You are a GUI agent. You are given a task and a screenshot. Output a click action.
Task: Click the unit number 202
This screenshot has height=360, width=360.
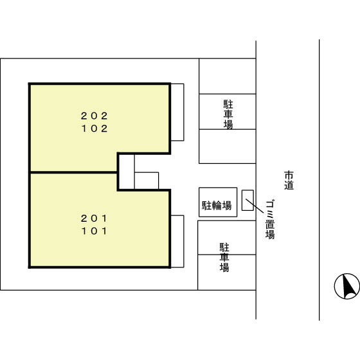click(94, 116)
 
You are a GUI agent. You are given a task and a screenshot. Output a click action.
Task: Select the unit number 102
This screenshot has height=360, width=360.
click(94, 129)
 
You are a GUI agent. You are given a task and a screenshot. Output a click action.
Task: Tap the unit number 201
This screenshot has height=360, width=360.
click(94, 219)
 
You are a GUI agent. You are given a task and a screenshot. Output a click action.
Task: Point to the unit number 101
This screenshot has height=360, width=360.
click(94, 231)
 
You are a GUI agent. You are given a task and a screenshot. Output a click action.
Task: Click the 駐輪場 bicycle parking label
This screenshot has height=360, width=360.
click(217, 205)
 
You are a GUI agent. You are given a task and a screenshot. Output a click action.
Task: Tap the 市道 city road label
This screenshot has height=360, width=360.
click(289, 181)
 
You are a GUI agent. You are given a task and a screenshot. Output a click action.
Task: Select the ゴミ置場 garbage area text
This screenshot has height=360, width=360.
click(270, 220)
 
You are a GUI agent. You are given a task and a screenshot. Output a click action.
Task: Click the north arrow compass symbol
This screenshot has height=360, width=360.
click(347, 286)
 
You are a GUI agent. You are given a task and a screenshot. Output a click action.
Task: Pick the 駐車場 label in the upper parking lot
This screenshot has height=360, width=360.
click(228, 114)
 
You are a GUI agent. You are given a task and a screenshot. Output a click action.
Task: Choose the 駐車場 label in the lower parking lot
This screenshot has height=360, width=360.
click(224, 257)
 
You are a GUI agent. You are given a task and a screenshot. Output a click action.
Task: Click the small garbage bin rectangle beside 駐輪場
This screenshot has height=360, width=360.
click(248, 200)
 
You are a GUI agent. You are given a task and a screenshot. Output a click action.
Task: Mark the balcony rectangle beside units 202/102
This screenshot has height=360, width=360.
click(177, 112)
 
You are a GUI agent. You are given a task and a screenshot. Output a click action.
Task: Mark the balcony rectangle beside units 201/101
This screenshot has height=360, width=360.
click(177, 241)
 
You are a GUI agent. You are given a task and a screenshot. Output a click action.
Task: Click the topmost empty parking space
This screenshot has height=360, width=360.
click(228, 76)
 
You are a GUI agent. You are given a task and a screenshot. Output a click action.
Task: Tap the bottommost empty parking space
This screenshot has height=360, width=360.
click(227, 273)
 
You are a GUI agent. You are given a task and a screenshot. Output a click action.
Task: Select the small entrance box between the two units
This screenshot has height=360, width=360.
click(147, 181)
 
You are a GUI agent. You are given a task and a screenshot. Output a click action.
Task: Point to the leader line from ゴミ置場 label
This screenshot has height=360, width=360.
click(255, 206)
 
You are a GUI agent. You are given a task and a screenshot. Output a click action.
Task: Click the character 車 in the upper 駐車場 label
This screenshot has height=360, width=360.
click(228, 114)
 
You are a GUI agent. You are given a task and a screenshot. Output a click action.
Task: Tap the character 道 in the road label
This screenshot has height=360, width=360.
click(289, 186)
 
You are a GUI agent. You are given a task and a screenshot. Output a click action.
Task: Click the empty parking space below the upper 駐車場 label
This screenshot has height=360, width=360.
click(228, 147)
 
